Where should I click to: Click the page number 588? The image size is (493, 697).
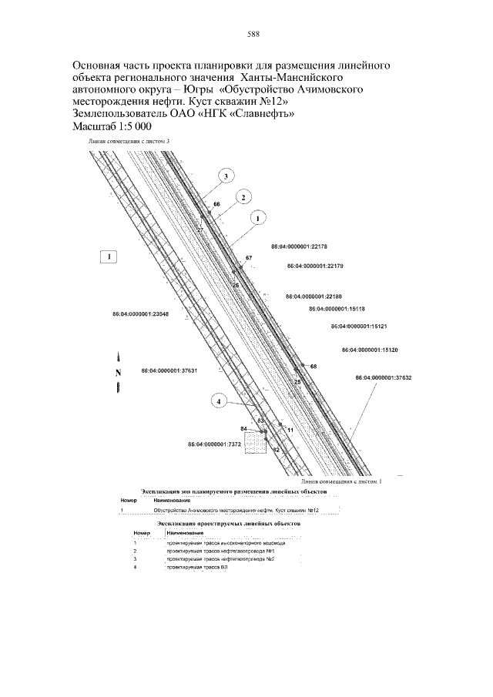click(x=252, y=34)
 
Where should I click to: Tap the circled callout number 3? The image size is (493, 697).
click(x=226, y=176)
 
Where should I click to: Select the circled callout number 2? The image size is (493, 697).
click(x=243, y=197)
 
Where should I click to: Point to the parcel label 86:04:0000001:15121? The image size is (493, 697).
click(x=359, y=327)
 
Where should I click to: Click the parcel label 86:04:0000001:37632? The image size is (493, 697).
click(x=384, y=378)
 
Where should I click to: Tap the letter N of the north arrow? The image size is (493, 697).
click(x=119, y=373)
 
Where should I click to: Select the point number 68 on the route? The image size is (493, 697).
click(x=314, y=365)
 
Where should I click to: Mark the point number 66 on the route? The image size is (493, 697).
click(x=216, y=204)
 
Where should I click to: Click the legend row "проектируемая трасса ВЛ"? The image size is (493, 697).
click(x=192, y=567)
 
